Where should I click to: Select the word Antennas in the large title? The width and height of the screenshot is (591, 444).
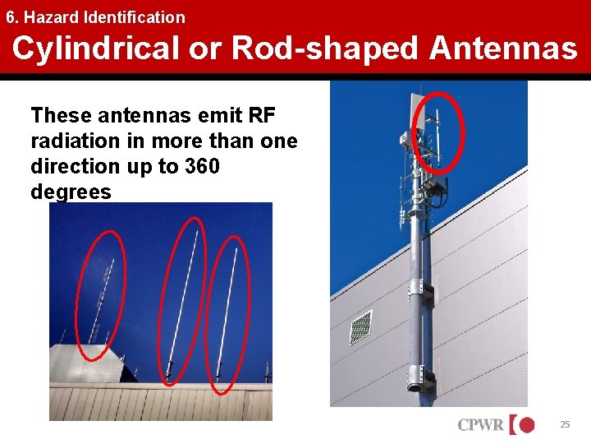tap(503, 49)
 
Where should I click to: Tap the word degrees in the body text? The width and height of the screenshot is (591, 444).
tap(71, 192)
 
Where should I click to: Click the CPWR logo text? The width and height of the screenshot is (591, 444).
tap(482, 425)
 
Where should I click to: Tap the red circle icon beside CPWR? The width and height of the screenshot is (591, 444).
tap(525, 425)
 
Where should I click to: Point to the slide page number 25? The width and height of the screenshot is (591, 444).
tap(564, 424)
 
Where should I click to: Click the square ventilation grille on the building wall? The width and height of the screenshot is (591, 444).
tap(360, 327)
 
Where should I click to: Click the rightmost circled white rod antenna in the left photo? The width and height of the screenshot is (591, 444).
tap(227, 312)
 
